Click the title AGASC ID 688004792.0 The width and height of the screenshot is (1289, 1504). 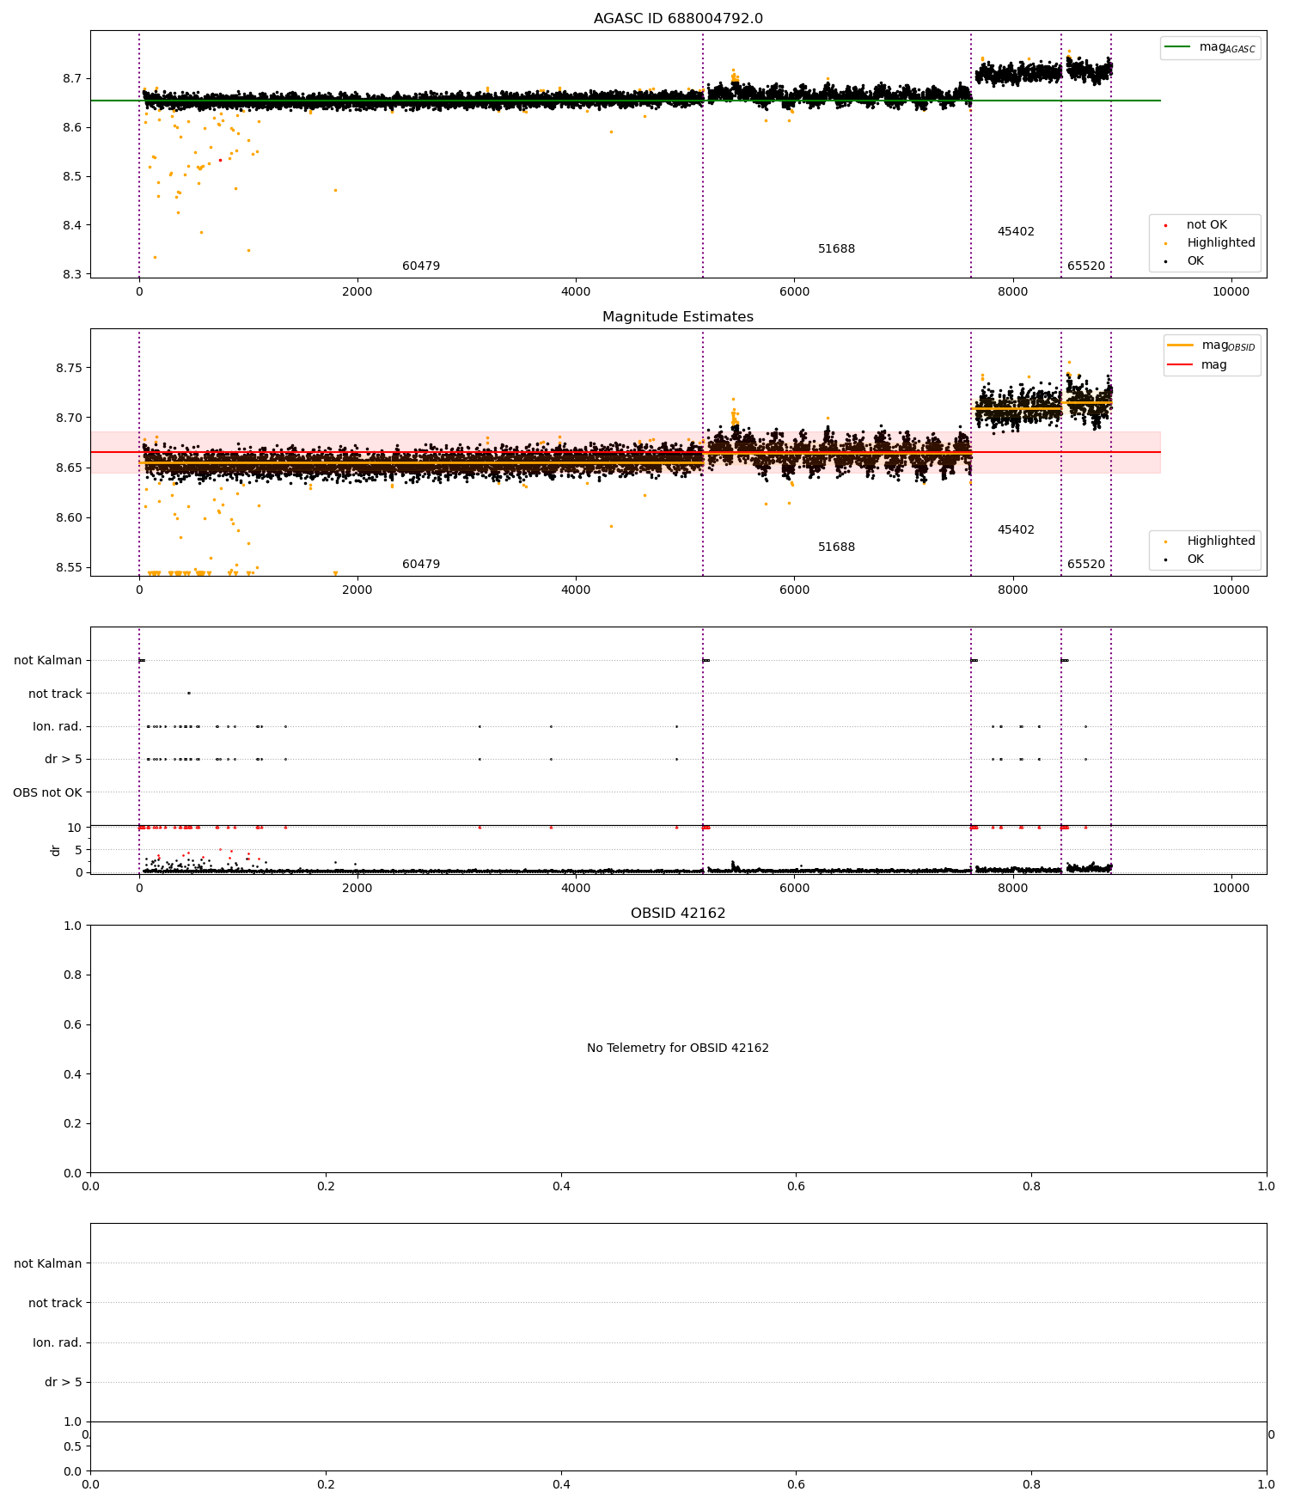click(x=678, y=19)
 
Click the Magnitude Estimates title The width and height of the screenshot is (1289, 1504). click(x=678, y=317)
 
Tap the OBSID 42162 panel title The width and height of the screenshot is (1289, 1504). click(x=678, y=914)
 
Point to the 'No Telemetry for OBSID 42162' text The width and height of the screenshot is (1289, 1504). click(x=678, y=1049)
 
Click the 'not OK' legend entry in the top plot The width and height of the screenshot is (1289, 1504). click(x=1207, y=225)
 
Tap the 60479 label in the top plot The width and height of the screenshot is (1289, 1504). click(x=421, y=266)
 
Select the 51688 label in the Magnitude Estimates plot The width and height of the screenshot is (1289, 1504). click(x=836, y=547)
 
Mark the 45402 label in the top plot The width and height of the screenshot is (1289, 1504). click(x=1016, y=232)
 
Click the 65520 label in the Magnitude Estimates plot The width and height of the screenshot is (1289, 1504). click(x=1086, y=565)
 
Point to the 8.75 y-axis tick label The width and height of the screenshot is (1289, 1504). click(x=68, y=368)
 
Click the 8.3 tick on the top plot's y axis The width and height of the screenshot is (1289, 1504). click(x=71, y=275)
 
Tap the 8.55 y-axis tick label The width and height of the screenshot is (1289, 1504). click(x=68, y=567)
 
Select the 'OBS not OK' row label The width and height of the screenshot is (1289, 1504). click(x=47, y=792)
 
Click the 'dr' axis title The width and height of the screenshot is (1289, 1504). click(x=56, y=850)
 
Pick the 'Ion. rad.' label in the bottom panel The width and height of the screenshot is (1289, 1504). click(x=57, y=1342)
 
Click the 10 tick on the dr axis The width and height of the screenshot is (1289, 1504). click(x=75, y=828)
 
